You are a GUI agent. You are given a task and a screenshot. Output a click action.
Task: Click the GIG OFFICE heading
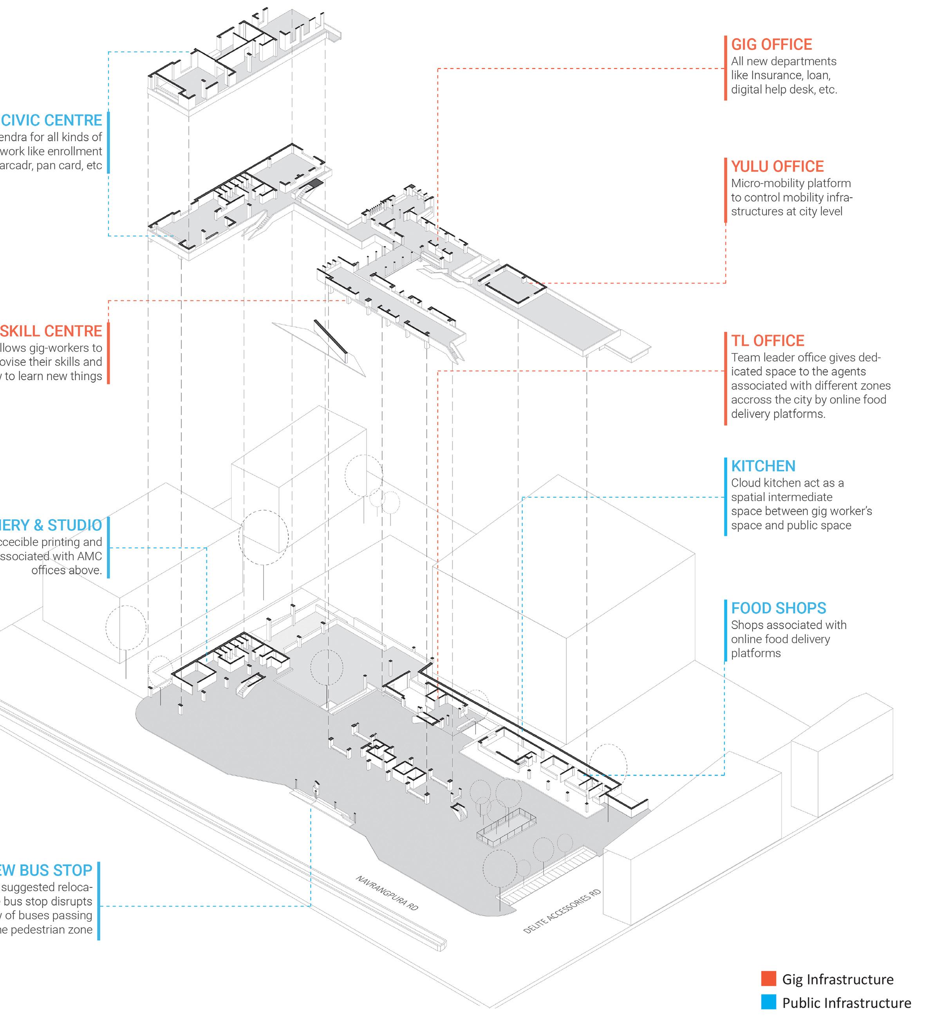(771, 45)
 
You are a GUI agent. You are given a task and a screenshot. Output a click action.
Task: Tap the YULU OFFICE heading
(777, 166)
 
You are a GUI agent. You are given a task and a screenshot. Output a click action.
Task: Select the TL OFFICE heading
(767, 341)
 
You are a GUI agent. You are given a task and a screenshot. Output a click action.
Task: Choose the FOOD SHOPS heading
(779, 608)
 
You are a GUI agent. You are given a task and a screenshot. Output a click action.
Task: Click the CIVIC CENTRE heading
(51, 121)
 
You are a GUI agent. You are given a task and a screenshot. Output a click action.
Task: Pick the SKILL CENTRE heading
(51, 331)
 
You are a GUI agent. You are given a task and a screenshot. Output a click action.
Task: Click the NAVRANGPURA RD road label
(387, 893)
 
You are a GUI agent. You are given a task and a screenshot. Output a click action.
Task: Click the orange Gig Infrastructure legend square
(768, 979)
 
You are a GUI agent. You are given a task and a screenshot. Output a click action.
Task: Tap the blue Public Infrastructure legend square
(768, 1002)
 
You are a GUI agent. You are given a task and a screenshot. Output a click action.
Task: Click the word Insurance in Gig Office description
(792, 75)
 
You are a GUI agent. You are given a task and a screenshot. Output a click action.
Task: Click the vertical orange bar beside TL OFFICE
(726, 379)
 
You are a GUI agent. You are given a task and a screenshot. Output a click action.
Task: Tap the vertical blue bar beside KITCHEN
(726, 497)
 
